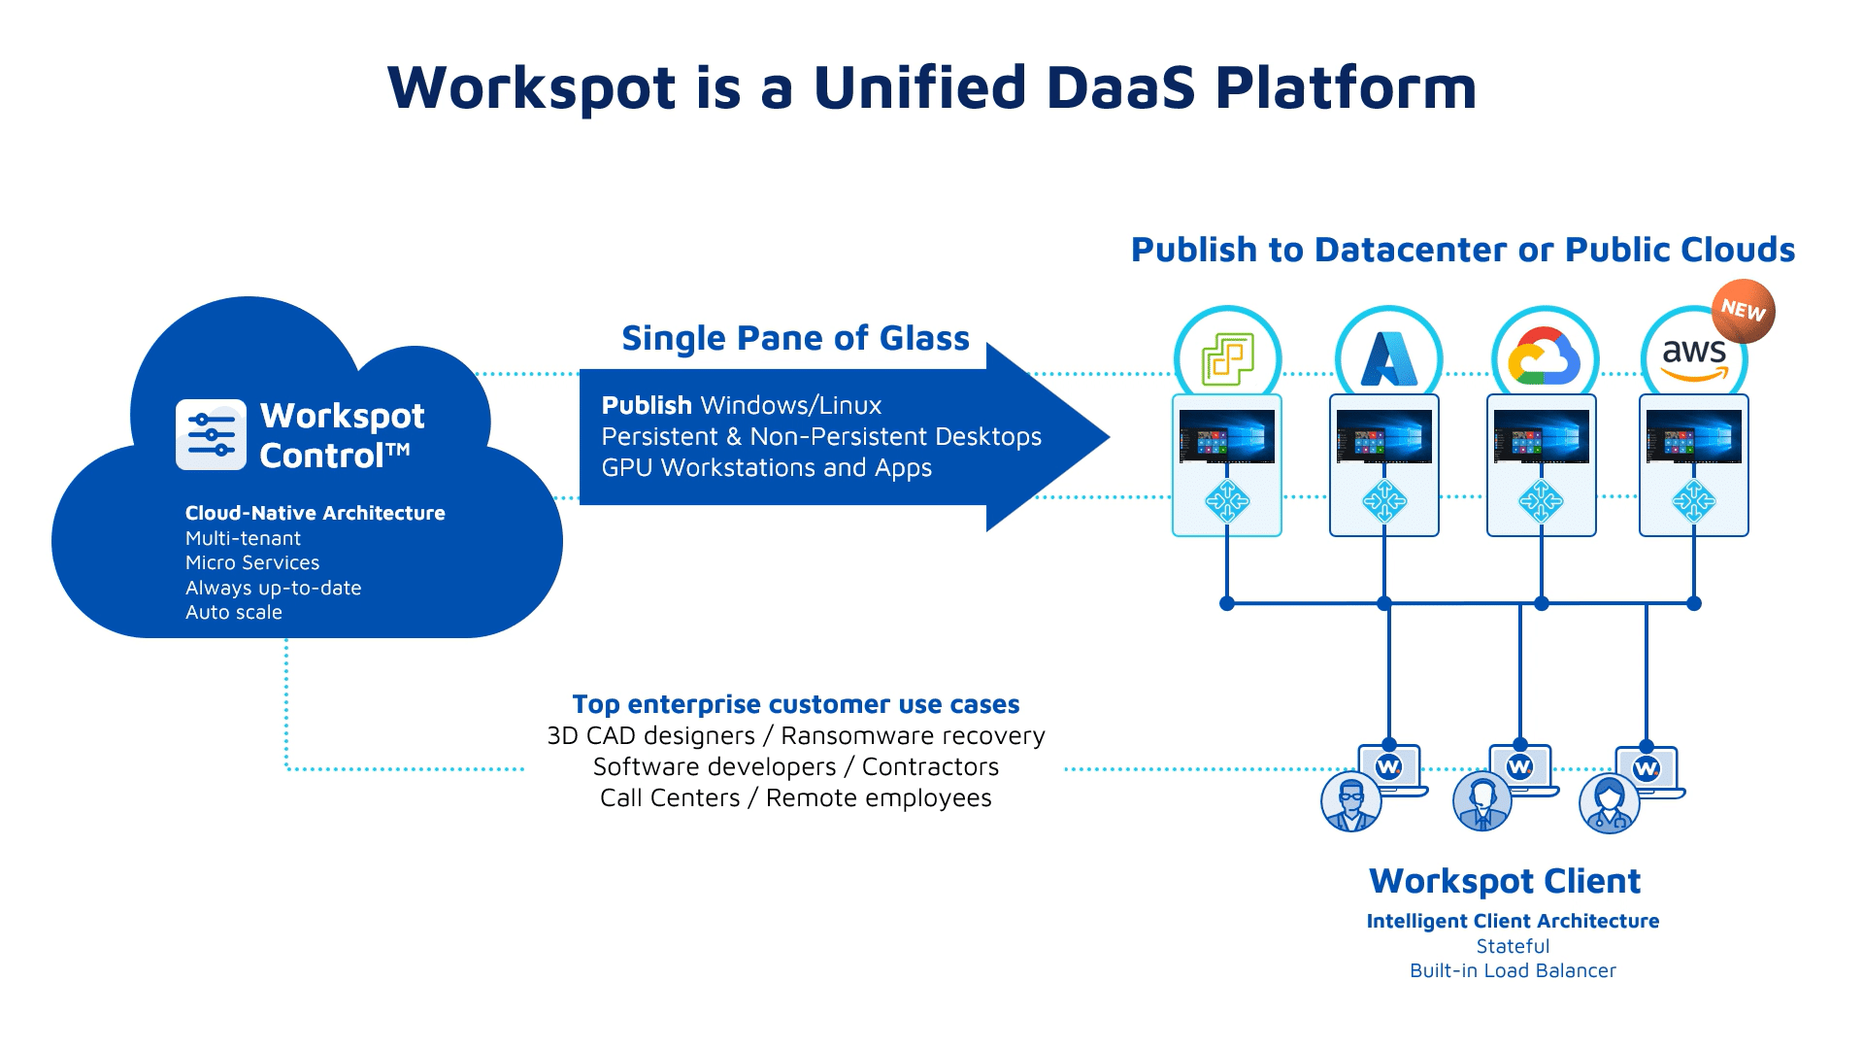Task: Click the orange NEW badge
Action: tap(1743, 311)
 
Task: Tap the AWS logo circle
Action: tap(1693, 357)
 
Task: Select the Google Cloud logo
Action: tap(1544, 357)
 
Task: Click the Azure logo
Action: tap(1388, 357)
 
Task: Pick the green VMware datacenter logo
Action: tap(1227, 357)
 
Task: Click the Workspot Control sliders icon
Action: tap(212, 434)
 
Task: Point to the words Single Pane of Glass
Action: tap(795, 338)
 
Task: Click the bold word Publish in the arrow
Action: tap(647, 405)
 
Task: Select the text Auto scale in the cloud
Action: tap(233, 612)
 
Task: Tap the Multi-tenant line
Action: tap(243, 538)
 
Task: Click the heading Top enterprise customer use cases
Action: tap(795, 704)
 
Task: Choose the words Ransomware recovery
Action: tap(913, 736)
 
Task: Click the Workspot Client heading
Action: tap(1504, 881)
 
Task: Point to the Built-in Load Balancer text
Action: tap(1513, 970)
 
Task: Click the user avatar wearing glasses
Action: tap(1350, 802)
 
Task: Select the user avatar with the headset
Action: tap(1481, 802)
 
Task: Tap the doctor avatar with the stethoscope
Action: tap(1609, 804)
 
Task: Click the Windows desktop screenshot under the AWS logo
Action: tap(1693, 436)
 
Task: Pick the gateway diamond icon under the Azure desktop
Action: tap(1383, 501)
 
